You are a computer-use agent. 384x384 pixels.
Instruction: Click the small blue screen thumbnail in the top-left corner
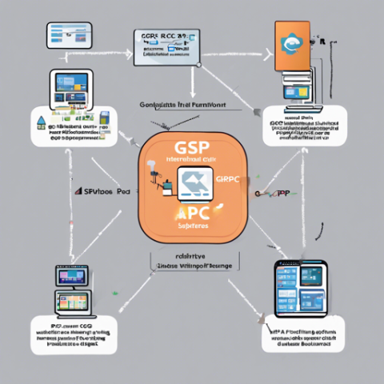(x=67, y=33)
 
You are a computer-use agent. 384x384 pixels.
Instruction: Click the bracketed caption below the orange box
(x=192, y=262)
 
